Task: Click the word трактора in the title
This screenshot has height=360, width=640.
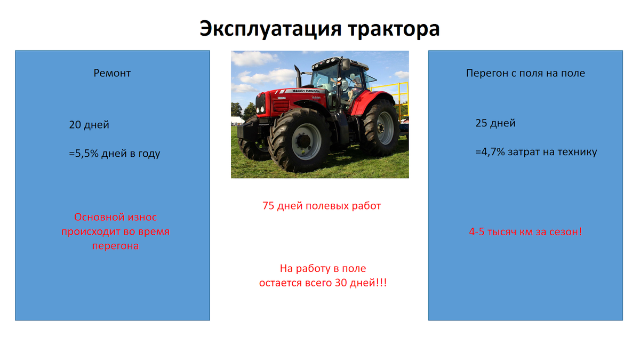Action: pos(394,29)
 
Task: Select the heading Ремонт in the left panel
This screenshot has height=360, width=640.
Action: pos(112,73)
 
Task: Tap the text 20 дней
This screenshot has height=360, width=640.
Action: pos(89,125)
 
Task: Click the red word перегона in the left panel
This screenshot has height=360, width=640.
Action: pos(115,246)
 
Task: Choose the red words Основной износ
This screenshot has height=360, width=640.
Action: pos(115,217)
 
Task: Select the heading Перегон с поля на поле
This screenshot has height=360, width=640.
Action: pos(525,73)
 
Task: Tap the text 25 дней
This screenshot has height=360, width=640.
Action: pos(495,123)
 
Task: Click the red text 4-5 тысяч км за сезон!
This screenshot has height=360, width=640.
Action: pos(525,232)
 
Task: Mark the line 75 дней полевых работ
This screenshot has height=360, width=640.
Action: pos(322,205)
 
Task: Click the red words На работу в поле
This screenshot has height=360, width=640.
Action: pos(323,268)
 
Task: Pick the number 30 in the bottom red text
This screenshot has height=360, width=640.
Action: pos(341,283)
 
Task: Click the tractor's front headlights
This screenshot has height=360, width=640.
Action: pos(260,109)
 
